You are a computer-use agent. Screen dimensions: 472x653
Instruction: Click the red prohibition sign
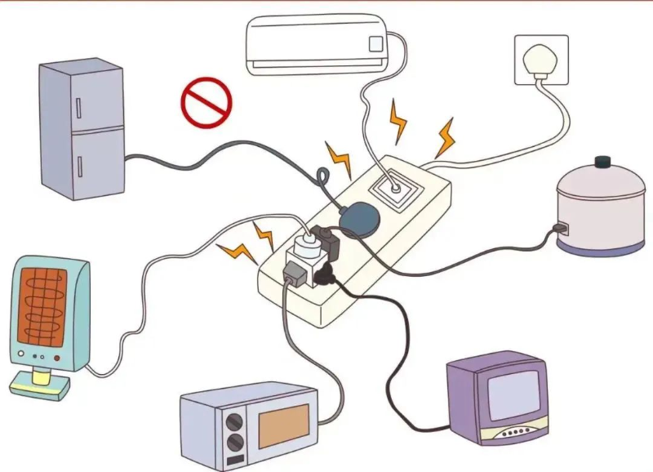pyautogui.click(x=206, y=102)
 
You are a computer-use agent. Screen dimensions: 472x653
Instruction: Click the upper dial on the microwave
pyautogui.click(x=235, y=423)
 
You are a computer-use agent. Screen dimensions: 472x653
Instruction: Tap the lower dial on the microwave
pyautogui.click(x=235, y=444)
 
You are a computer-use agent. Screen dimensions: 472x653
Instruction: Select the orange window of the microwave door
pyautogui.click(x=284, y=425)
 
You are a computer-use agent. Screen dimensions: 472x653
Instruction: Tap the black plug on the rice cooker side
pyautogui.click(x=561, y=227)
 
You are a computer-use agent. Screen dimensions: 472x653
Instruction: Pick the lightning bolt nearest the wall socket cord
pyautogui.click(x=445, y=137)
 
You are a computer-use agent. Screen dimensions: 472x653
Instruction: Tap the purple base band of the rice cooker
pyautogui.click(x=600, y=247)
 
